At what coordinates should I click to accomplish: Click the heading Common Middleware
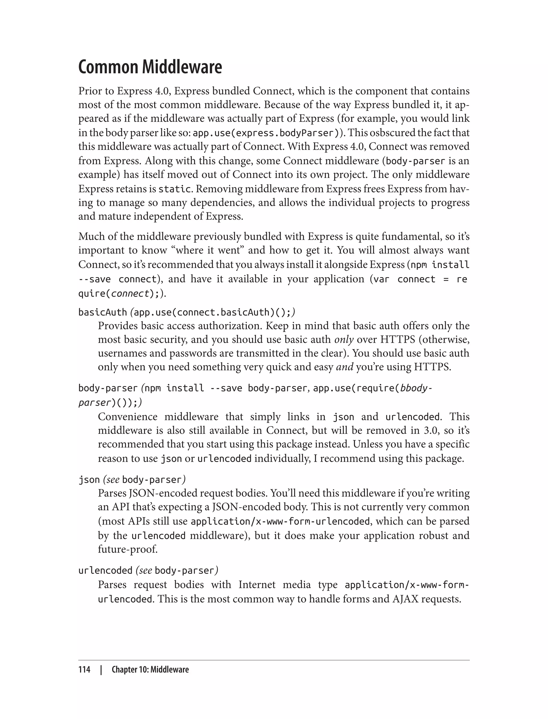point(150,67)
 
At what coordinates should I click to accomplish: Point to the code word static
point(174,189)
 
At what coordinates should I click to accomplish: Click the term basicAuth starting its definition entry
point(102,312)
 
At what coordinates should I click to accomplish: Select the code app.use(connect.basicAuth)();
point(213,312)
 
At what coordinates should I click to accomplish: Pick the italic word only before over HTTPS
point(344,339)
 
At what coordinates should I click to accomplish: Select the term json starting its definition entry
point(89,480)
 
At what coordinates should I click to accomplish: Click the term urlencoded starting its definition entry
point(105,571)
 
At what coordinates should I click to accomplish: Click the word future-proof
point(128,549)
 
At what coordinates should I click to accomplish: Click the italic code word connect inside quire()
point(130,294)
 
